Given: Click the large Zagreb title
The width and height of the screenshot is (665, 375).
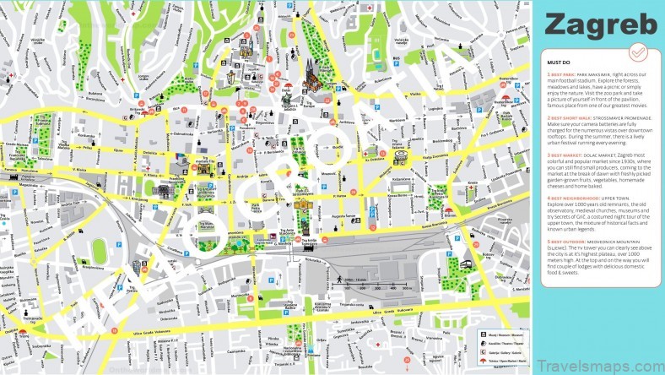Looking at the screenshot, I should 600,25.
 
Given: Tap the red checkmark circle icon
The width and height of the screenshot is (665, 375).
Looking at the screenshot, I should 638,52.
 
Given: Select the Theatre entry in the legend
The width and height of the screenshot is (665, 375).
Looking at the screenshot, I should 499,344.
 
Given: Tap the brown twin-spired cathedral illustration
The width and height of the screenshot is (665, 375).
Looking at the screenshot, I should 310,77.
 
